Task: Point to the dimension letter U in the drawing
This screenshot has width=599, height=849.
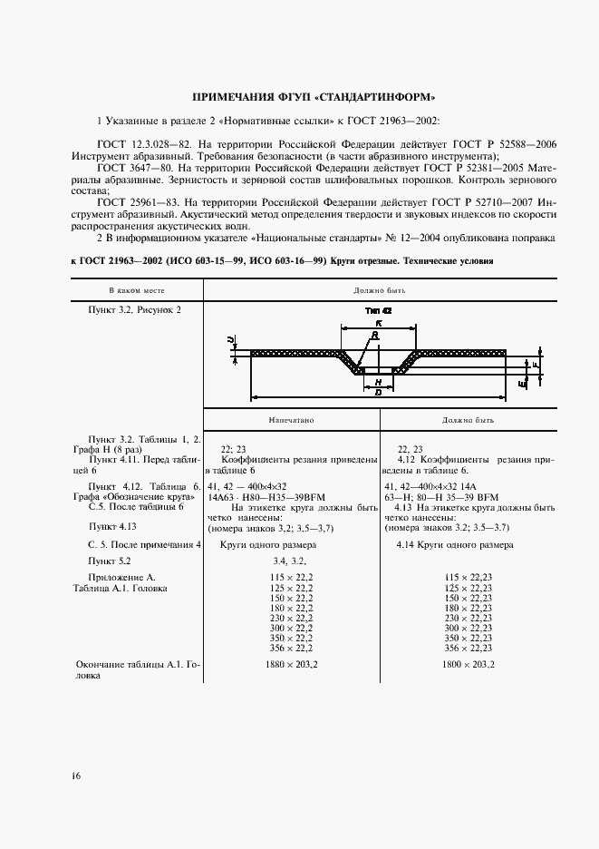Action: (231, 340)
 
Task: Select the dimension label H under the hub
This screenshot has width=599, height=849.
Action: (377, 383)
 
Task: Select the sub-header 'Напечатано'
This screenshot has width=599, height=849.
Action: (291, 421)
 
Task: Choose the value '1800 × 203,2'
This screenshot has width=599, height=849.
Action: (469, 665)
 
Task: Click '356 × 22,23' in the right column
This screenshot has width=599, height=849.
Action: (469, 648)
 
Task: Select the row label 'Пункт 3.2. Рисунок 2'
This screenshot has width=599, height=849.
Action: (134, 309)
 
